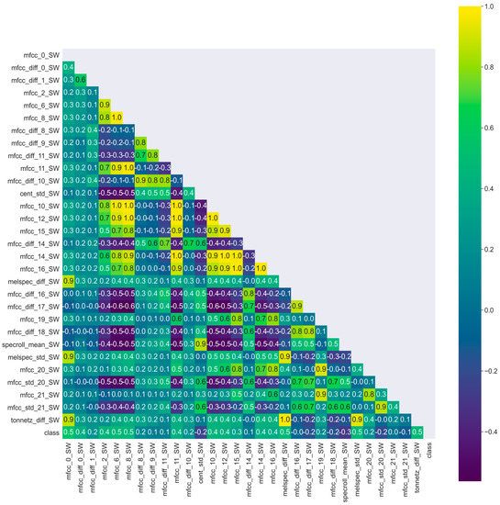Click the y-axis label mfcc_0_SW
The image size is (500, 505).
click(38, 56)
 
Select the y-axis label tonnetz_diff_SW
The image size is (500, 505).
click(30, 419)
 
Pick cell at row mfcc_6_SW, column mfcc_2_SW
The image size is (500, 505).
click(105, 106)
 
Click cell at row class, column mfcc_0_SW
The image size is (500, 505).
click(69, 432)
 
